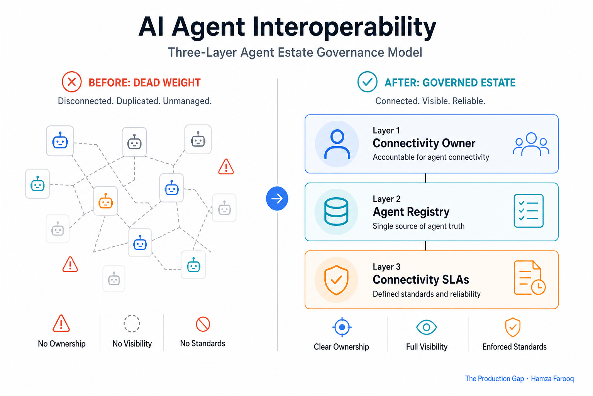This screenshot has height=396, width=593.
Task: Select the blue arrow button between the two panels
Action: click(277, 198)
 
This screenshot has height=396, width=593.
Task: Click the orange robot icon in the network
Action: click(106, 201)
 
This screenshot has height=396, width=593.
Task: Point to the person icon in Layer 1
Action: click(337, 144)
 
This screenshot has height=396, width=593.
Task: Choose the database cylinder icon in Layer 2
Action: click(336, 212)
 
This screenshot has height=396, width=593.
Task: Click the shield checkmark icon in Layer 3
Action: click(336, 280)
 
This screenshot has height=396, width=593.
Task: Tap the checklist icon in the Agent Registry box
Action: click(529, 211)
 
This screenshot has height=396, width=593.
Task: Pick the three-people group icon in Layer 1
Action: click(531, 144)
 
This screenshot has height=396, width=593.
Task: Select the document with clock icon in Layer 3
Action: click(529, 278)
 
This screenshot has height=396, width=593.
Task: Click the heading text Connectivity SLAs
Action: click(421, 280)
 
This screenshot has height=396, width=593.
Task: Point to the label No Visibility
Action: click(132, 343)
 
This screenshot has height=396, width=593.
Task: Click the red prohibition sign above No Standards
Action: click(203, 324)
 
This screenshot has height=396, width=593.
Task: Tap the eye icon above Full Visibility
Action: click(427, 327)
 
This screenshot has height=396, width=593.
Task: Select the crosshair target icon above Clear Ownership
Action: click(342, 327)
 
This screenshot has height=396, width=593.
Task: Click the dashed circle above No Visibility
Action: click(132, 316)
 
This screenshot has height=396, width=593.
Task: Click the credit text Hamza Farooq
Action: click(552, 379)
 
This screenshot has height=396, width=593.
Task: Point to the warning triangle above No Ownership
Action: click(61, 324)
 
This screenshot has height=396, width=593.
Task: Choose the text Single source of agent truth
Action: click(418, 226)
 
